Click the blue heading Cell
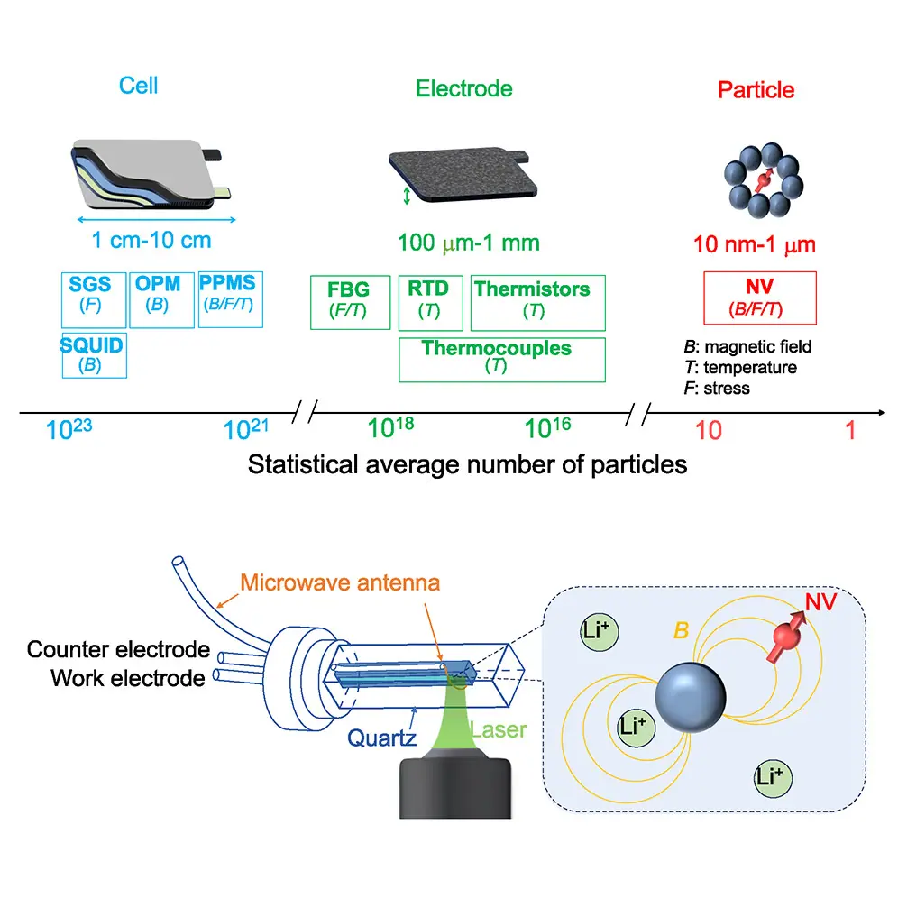tap(138, 86)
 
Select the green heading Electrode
tap(463, 88)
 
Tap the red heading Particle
tap(756, 90)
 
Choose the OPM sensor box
tap(160, 299)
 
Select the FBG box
tap(350, 302)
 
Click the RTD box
tap(429, 302)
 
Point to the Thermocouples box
tap(501, 359)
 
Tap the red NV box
tap(759, 297)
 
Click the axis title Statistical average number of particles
tap(467, 465)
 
